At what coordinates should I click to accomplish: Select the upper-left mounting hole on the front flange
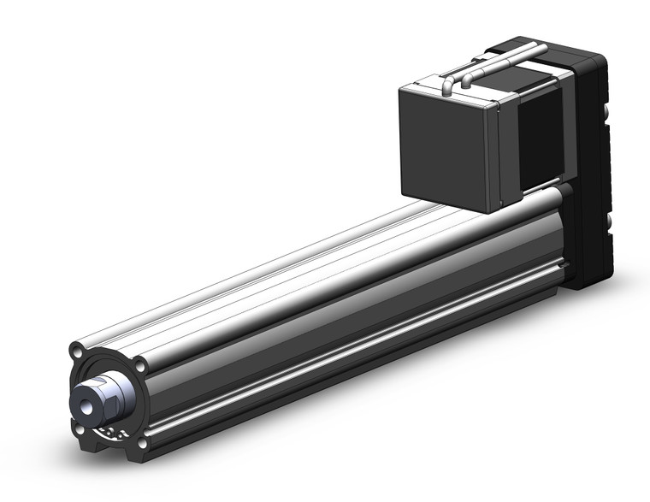point(78,351)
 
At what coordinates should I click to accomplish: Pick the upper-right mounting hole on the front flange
point(140,365)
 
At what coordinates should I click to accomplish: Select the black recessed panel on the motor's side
point(541,137)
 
